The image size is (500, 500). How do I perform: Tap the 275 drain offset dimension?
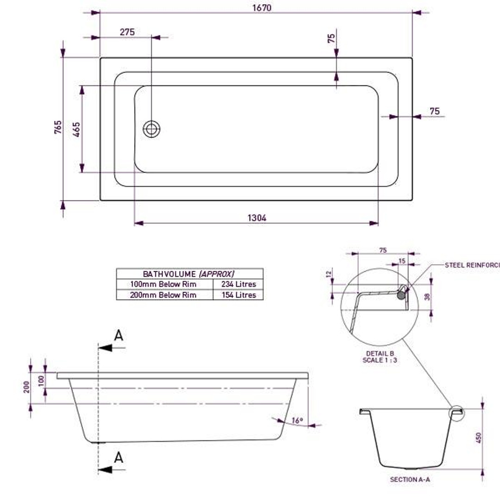(127, 32)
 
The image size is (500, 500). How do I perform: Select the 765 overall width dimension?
(58, 127)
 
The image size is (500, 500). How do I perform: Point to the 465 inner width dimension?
(76, 129)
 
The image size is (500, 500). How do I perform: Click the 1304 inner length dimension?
(257, 218)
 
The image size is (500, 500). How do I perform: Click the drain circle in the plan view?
(152, 129)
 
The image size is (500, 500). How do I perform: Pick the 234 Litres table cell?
(238, 284)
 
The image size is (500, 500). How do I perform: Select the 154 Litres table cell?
(238, 295)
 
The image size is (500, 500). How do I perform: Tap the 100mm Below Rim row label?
(164, 284)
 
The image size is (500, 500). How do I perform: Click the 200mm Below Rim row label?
(164, 295)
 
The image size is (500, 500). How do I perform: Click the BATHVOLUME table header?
(189, 274)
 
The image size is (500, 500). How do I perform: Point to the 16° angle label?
(297, 421)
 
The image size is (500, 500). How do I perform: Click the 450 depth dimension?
(479, 437)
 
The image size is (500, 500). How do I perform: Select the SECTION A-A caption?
(410, 480)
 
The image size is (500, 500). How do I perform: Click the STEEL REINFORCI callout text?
(472, 265)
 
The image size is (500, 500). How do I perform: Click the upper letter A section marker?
(119, 336)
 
